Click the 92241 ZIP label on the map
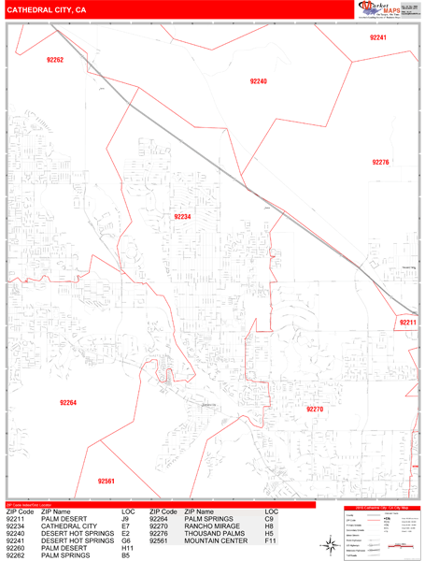tap(377, 37)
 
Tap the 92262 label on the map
tap(55, 60)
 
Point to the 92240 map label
tap(259, 82)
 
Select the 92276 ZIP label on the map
tap(379, 163)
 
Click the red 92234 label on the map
tap(182, 216)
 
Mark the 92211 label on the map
tap(406, 323)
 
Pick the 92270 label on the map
tap(315, 409)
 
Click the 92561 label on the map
tap(106, 482)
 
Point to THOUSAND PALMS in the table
tap(215, 534)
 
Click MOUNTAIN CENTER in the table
tap(215, 541)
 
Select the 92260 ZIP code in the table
tap(20, 549)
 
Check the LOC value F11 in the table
tap(271, 541)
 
